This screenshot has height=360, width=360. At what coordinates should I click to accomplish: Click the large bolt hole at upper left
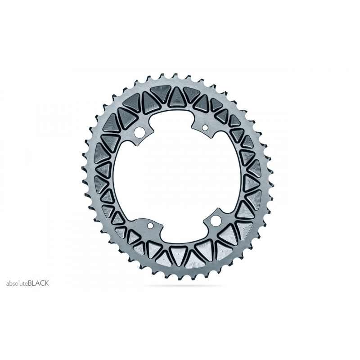140,132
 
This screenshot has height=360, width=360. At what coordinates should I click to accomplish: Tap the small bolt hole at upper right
205,129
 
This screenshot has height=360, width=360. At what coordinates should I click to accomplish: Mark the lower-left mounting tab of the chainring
151,226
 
